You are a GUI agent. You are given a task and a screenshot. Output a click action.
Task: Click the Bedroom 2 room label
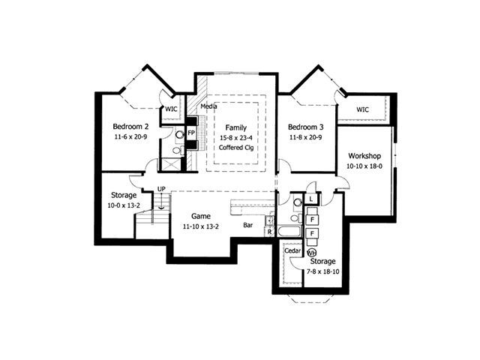[x=130, y=127]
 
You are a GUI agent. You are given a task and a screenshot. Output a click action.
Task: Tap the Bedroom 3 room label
[x=305, y=127]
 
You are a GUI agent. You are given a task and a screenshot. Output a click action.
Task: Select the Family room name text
[x=236, y=127]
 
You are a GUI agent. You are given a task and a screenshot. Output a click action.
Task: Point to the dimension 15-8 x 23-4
[x=236, y=138]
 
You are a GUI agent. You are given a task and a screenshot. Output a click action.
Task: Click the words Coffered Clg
[x=236, y=148]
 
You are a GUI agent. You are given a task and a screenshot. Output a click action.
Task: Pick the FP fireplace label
[x=191, y=133]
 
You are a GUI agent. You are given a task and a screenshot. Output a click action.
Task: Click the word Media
[x=208, y=106]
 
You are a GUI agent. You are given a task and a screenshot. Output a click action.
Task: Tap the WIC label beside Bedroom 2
[x=171, y=109]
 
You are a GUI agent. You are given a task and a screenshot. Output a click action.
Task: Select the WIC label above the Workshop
[x=362, y=109]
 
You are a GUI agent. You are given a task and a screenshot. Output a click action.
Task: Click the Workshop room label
[x=364, y=156]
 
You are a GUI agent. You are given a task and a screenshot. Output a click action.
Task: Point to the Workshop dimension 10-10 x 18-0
[x=364, y=166]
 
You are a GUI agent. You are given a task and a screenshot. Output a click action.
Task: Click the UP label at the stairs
[x=161, y=189]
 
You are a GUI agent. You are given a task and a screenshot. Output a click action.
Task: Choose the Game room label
[x=201, y=216]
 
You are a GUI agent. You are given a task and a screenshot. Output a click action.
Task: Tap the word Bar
[x=248, y=225]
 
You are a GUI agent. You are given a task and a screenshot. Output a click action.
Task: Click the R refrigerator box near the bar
[x=269, y=232]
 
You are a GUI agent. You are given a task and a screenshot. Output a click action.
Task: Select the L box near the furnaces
[x=311, y=199]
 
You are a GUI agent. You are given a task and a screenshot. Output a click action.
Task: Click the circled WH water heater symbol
[x=311, y=253]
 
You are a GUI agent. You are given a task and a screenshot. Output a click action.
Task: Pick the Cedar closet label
[x=292, y=250]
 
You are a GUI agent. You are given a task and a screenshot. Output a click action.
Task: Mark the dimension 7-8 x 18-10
[x=323, y=271]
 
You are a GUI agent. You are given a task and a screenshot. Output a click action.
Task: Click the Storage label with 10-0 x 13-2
[x=124, y=195]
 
